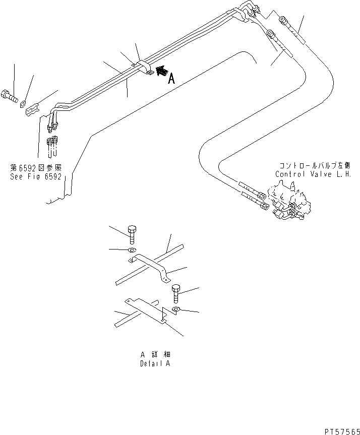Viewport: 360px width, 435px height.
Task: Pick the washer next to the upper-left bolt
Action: (x=23, y=104)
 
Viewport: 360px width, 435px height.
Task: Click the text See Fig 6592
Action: (x=35, y=177)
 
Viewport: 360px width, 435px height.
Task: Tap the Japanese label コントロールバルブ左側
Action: (x=313, y=165)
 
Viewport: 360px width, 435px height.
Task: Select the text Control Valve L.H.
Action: (x=313, y=174)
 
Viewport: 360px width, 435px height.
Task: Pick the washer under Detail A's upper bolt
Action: (x=132, y=250)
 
